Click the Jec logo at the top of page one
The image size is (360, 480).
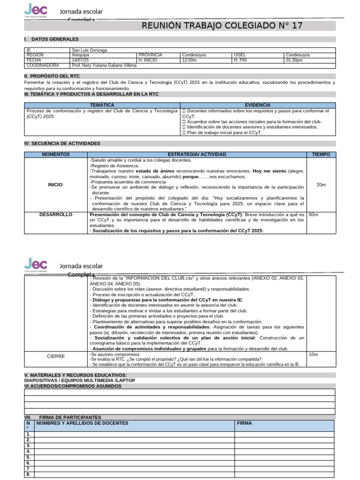[36, 10]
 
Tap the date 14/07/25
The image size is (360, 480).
[80, 60]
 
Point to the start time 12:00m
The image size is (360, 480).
[189, 60]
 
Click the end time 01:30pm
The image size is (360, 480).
[294, 60]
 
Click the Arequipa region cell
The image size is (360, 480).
[81, 55]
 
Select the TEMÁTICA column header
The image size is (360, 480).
[101, 105]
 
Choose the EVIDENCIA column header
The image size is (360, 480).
[257, 105]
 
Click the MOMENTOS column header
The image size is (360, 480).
[55, 154]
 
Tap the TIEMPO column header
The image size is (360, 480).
[321, 154]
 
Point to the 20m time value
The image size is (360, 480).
[321, 185]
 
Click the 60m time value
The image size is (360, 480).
[314, 214]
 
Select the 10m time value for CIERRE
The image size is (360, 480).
[313, 354]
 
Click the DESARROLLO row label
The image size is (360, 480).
[55, 214]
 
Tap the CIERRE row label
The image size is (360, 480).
[55, 356]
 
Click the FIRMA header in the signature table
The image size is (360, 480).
[245, 423]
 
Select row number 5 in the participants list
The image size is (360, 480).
[29, 457]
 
